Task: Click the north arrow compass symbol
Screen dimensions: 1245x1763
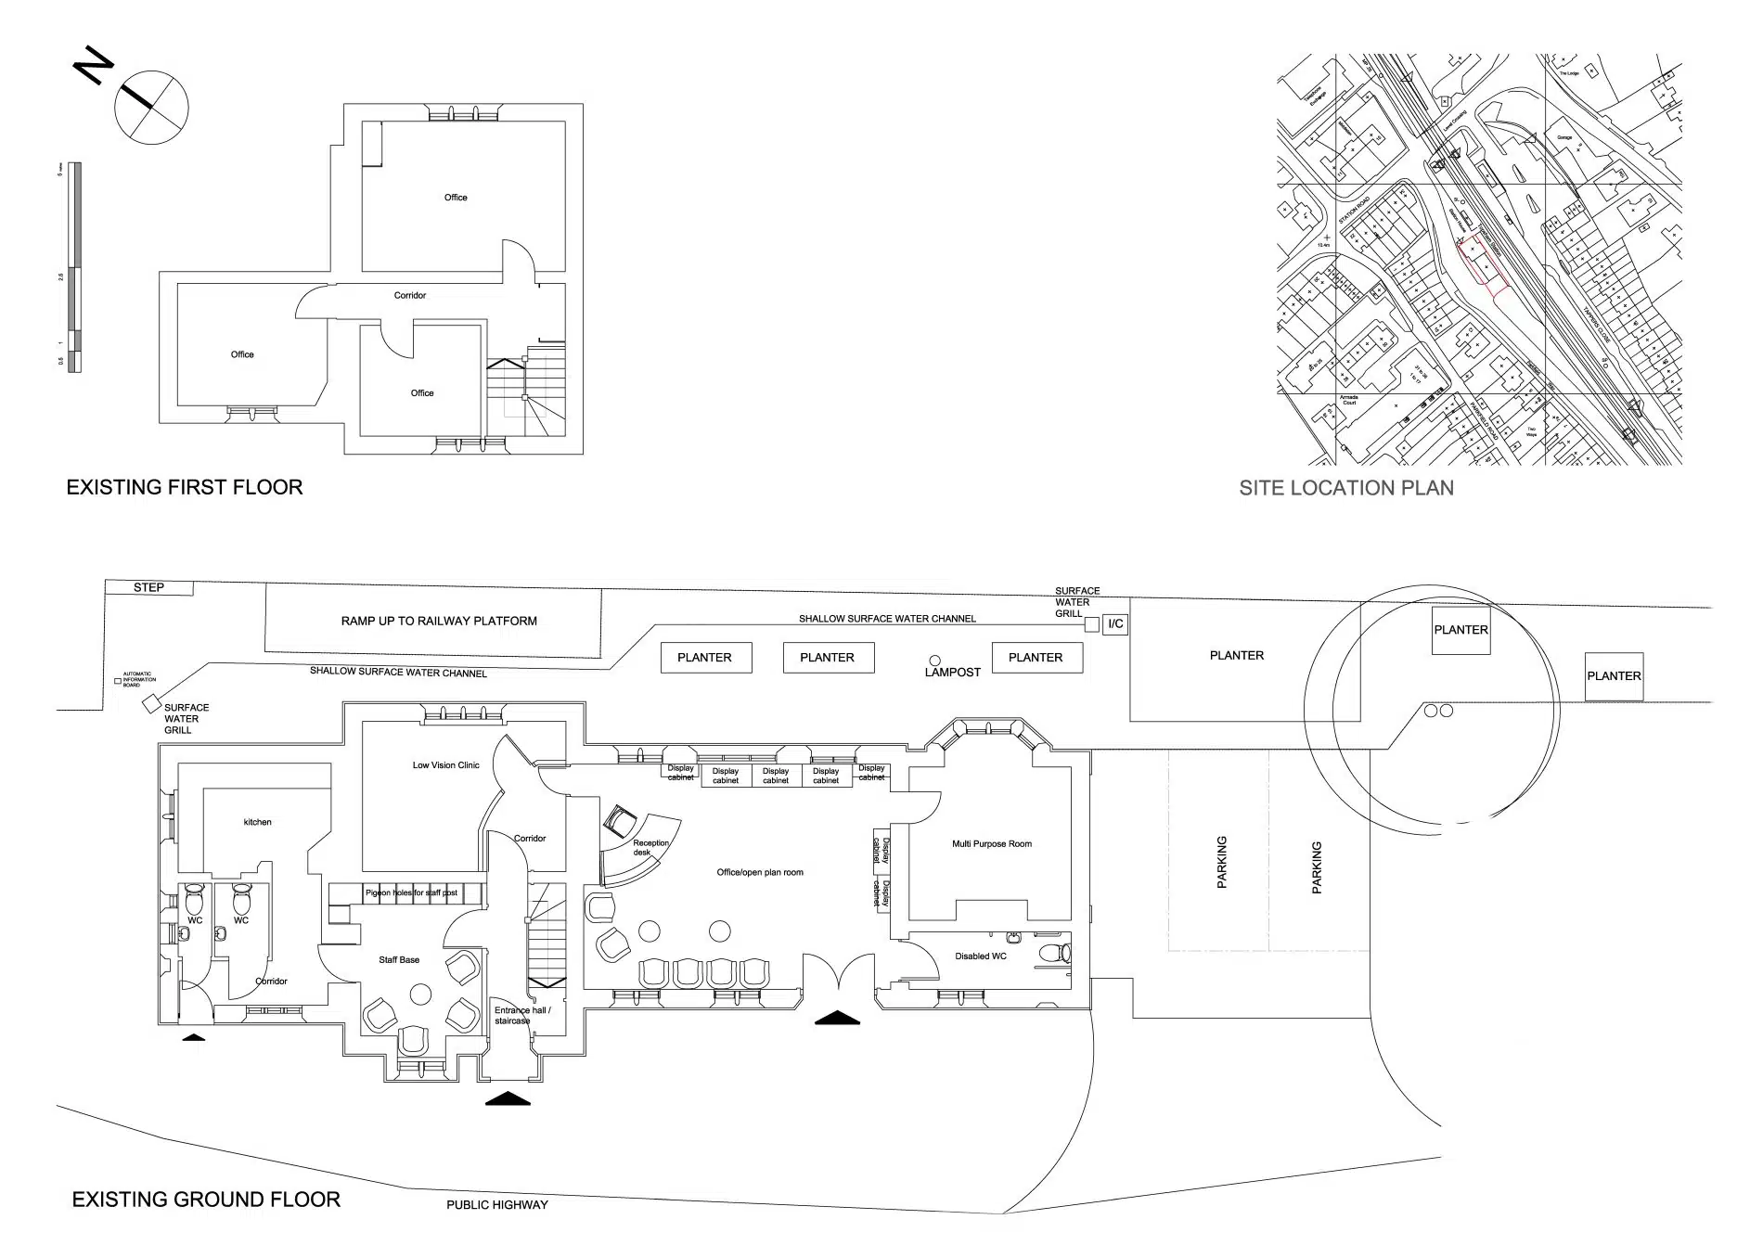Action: (x=150, y=108)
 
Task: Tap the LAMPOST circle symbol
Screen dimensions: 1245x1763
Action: (x=935, y=661)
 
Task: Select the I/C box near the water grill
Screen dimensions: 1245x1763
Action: (x=1115, y=623)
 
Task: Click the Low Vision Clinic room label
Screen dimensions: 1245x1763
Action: (x=446, y=765)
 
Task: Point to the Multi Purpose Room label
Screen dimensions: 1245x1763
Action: (x=992, y=844)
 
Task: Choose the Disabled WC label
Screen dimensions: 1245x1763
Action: (x=980, y=956)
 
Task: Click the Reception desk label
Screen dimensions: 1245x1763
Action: (x=650, y=847)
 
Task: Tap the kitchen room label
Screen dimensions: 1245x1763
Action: (x=258, y=822)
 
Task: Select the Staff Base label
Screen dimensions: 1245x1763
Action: (x=399, y=960)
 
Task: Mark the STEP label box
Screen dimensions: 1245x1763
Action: (x=148, y=587)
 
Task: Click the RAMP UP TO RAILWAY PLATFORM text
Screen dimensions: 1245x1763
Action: (x=439, y=621)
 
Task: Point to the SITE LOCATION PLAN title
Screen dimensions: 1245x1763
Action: (x=1346, y=488)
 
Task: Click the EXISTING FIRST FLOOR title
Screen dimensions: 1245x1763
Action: (x=185, y=487)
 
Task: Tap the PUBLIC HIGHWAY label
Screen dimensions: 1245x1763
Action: (x=497, y=1205)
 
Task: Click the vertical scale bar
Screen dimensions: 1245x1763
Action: (x=75, y=268)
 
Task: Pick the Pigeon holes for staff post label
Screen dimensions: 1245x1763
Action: (x=411, y=892)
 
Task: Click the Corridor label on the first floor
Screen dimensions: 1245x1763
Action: (x=410, y=296)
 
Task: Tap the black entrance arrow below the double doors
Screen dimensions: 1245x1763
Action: (x=838, y=1017)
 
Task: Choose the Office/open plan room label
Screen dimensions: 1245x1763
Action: (x=760, y=872)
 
